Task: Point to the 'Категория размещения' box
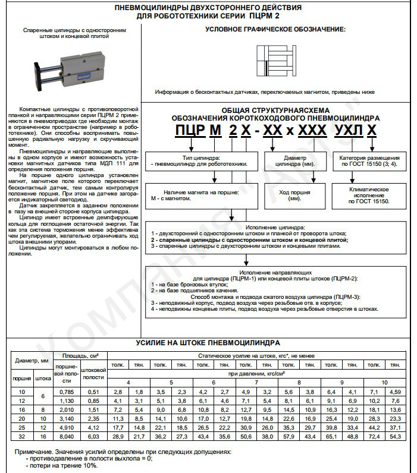(x=369, y=161)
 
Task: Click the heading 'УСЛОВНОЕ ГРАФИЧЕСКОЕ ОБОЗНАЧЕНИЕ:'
(x=275, y=29)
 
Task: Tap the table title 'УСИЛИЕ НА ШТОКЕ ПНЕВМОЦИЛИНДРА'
(x=208, y=343)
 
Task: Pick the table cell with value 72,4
(x=375, y=437)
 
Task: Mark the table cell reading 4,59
(x=396, y=392)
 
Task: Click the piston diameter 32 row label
(x=23, y=437)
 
